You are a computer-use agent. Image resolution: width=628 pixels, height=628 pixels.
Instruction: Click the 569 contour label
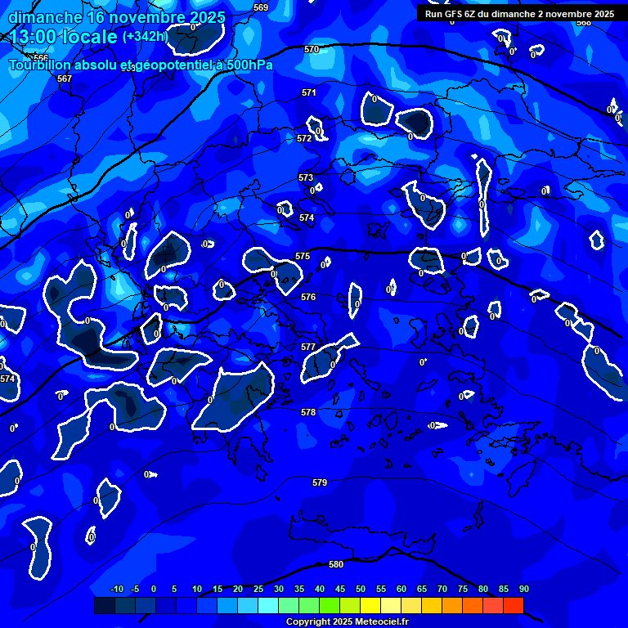click(x=261, y=7)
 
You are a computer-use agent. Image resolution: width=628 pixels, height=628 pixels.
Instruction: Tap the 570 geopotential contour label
click(x=312, y=50)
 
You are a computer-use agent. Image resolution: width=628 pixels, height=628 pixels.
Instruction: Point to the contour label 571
click(x=308, y=93)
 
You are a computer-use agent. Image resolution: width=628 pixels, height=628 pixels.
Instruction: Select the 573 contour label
click(x=306, y=177)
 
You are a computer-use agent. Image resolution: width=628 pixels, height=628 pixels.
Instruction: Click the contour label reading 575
click(x=303, y=257)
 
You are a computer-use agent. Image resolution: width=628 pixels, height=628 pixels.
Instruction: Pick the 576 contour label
click(x=308, y=298)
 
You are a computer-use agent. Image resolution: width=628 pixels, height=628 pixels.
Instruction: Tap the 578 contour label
click(x=308, y=413)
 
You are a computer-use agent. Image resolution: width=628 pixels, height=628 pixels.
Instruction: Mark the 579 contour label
click(x=320, y=483)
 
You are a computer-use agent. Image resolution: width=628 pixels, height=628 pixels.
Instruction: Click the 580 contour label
click(x=336, y=564)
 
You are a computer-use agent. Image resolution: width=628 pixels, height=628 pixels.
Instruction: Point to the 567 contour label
click(x=65, y=79)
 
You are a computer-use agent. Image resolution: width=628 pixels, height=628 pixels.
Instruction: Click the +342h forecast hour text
click(x=145, y=37)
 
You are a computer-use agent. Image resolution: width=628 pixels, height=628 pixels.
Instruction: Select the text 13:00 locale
click(x=63, y=37)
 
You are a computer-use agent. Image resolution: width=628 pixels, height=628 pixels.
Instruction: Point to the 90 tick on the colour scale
click(x=523, y=590)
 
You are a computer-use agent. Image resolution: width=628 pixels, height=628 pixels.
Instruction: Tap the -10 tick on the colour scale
click(x=116, y=590)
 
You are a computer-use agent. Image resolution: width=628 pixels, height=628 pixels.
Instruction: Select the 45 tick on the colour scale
click(x=340, y=590)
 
